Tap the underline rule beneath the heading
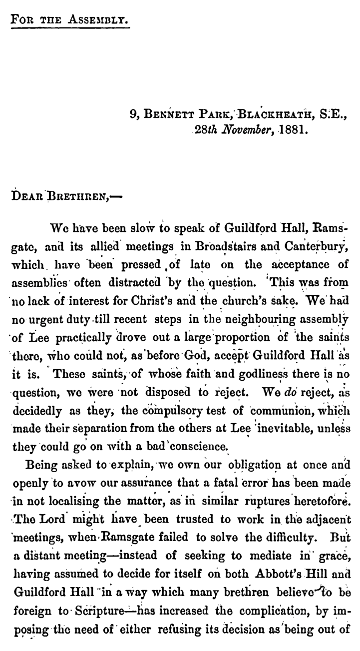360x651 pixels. coord(70,29)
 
